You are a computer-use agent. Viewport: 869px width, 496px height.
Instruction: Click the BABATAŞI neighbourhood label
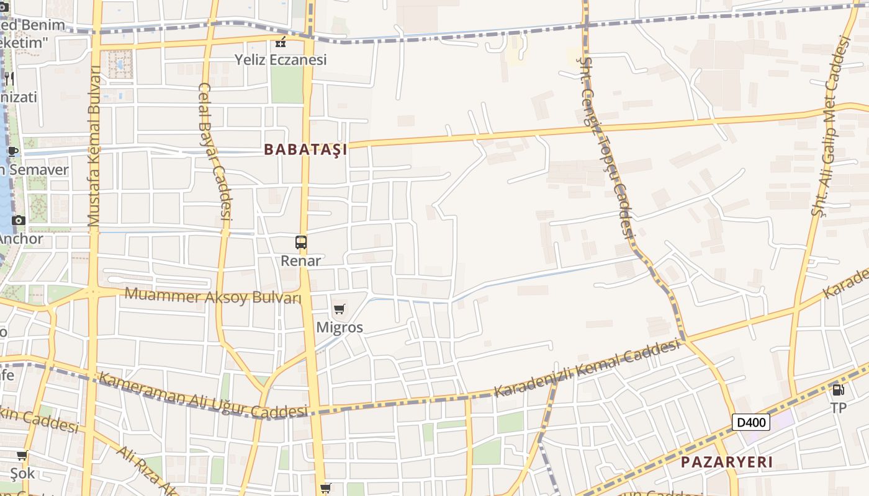305,149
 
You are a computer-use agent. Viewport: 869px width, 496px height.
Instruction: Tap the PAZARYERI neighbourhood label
726,462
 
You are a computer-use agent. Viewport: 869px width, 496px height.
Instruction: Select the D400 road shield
751,423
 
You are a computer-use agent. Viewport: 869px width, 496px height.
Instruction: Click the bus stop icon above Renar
301,242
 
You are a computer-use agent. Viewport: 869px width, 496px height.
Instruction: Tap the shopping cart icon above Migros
339,309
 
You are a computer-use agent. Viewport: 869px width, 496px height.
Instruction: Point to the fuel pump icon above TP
838,390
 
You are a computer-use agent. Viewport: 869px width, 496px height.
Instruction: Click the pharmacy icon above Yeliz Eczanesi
281,42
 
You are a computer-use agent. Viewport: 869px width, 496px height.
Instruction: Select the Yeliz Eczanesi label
281,60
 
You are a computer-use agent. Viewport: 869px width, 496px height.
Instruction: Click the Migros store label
340,327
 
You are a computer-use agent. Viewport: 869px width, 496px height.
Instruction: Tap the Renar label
301,260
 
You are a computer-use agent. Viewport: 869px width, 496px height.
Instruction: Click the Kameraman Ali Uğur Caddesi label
203,396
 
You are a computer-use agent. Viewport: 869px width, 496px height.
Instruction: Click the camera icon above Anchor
18,221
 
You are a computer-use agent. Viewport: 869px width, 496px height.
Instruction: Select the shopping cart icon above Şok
22,456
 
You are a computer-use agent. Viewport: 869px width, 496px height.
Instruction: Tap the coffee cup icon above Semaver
12,151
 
